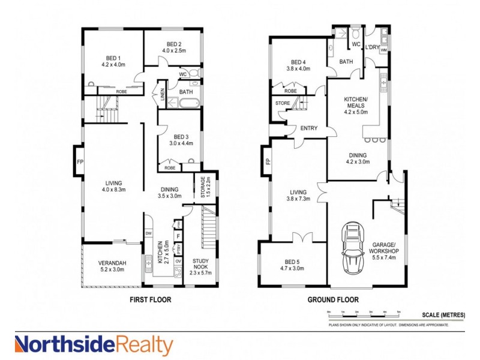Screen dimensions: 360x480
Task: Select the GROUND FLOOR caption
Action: [x=334, y=299]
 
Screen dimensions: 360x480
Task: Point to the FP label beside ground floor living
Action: [x=268, y=161]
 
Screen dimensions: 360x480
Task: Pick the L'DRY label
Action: [x=373, y=46]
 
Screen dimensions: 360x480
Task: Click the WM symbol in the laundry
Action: [x=383, y=50]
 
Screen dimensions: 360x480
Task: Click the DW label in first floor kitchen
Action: [x=148, y=233]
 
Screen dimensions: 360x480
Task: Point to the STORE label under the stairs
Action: [x=283, y=103]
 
